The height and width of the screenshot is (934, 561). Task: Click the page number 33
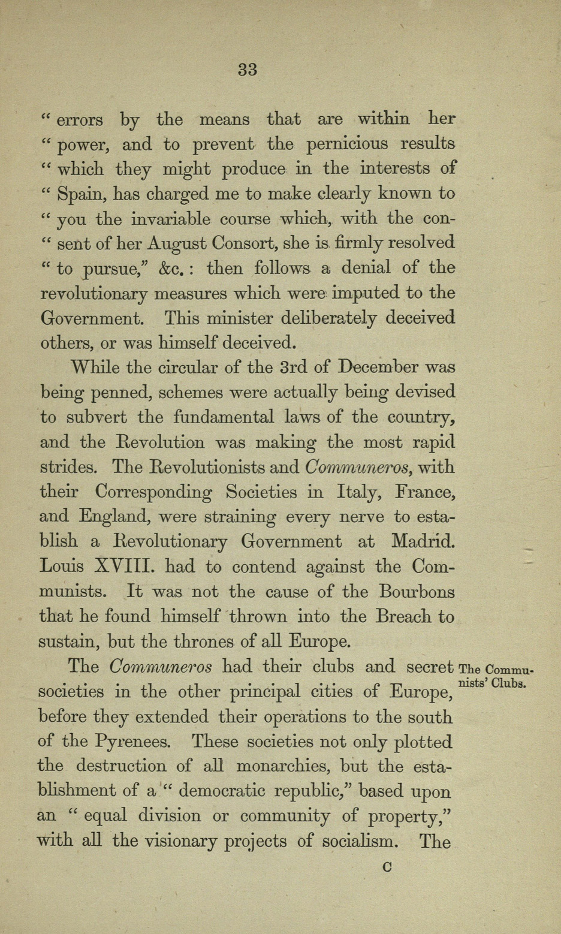pyautogui.click(x=248, y=70)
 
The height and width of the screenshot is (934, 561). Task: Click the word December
pyautogui.click(x=371, y=367)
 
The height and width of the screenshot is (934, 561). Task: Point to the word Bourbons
pyautogui.click(x=417, y=592)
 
